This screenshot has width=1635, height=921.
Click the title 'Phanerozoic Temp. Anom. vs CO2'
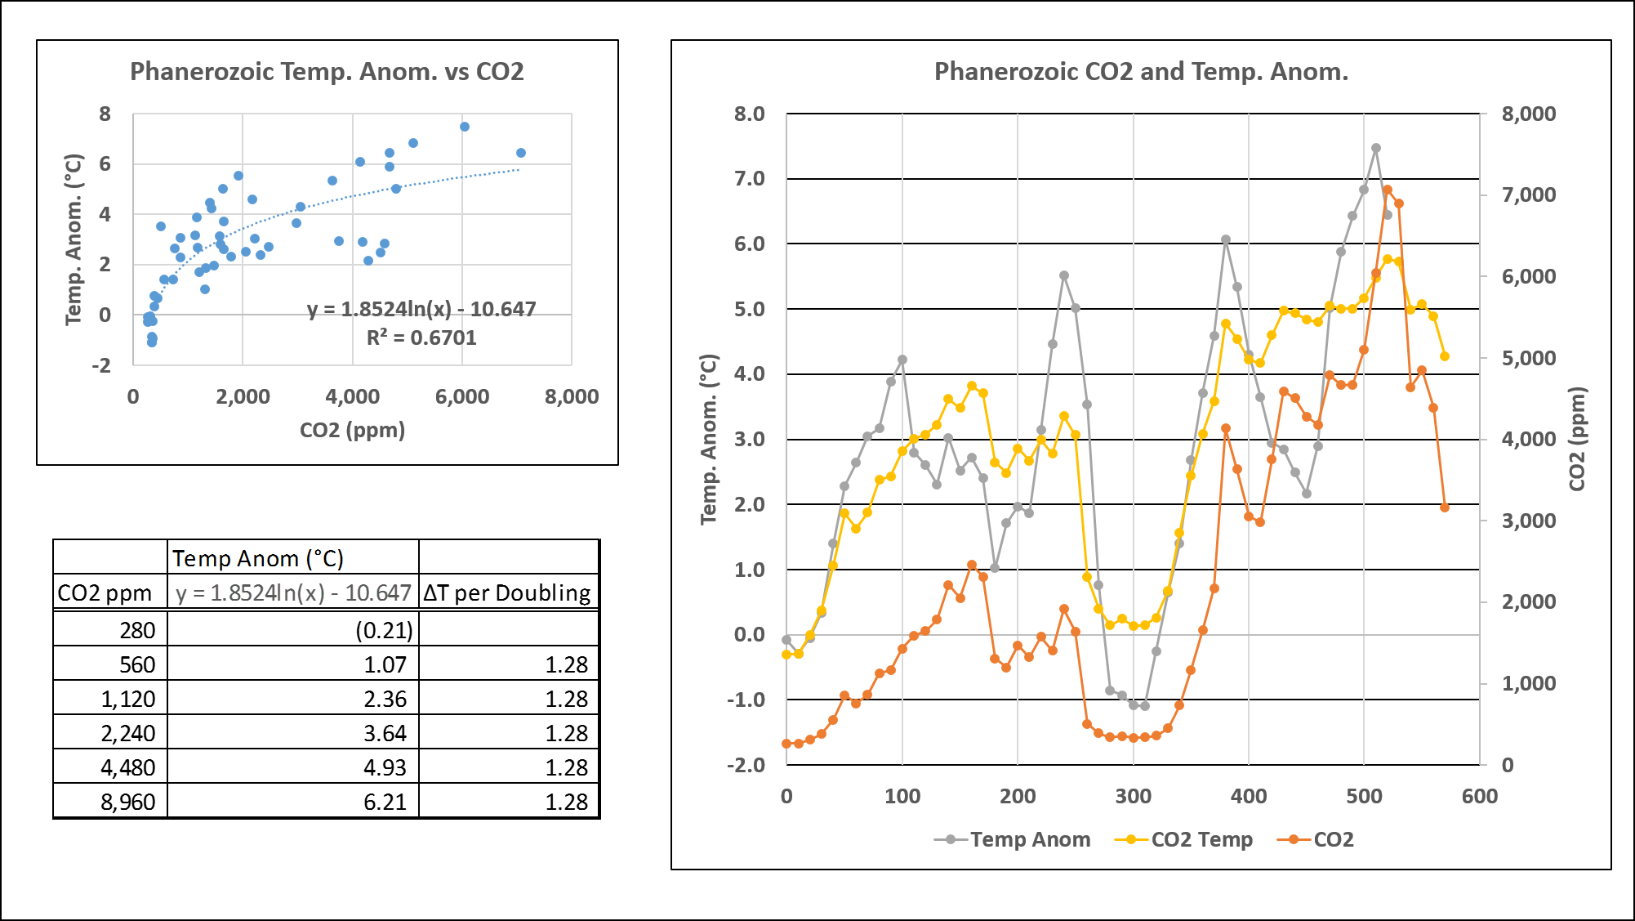point(327,72)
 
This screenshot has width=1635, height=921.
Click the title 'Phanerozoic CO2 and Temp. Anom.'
point(1141,72)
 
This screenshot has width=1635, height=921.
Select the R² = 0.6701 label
point(421,338)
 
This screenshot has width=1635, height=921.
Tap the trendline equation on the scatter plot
point(421,309)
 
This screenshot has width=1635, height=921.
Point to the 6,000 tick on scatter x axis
point(461,397)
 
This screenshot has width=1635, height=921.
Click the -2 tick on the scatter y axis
point(101,365)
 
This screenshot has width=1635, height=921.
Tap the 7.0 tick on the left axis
point(749,178)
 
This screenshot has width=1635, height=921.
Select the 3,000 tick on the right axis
point(1528,521)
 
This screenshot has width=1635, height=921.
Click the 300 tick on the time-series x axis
point(1133,796)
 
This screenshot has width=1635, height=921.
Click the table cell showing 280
point(136,630)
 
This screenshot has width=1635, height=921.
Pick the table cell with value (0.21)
point(384,630)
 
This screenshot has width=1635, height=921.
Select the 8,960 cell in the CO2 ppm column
point(127,802)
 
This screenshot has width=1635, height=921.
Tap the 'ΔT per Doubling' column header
point(507,592)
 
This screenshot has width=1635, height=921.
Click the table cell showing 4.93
point(385,767)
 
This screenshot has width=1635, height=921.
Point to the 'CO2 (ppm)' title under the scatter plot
point(352,430)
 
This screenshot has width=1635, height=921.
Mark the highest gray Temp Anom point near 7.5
point(1375,149)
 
